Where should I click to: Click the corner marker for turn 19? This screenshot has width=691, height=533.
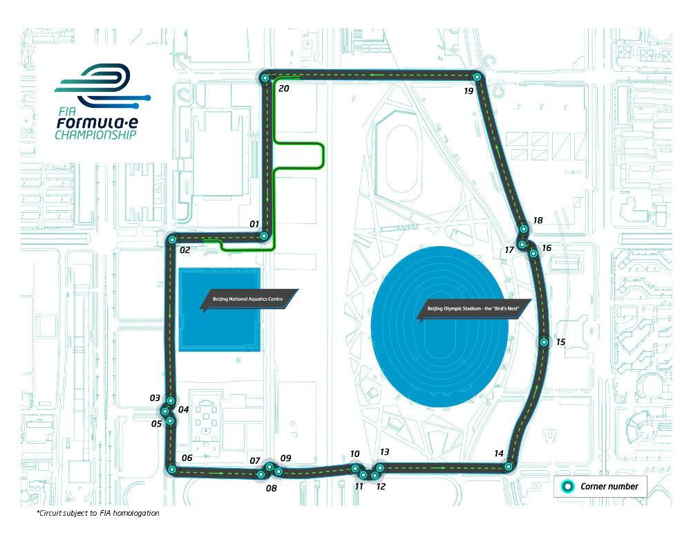(x=476, y=77)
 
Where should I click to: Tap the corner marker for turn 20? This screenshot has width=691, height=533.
(x=264, y=79)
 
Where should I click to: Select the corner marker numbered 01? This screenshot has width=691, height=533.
(x=263, y=236)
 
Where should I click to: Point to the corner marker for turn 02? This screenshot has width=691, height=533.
(x=171, y=240)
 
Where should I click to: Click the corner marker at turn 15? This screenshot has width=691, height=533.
(x=545, y=342)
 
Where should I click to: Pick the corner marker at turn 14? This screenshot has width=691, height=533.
(x=509, y=467)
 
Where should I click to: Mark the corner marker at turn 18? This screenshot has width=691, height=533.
(x=524, y=229)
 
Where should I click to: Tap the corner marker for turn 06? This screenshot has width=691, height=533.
(x=171, y=470)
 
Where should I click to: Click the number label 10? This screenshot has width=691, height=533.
(x=355, y=454)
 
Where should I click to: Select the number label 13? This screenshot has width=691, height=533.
(x=385, y=452)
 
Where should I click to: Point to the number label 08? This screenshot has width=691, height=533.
(x=271, y=488)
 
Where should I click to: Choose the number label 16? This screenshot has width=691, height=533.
(x=547, y=247)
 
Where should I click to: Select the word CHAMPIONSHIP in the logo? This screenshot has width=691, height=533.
(x=96, y=134)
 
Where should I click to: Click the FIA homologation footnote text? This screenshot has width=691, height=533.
(x=98, y=514)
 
